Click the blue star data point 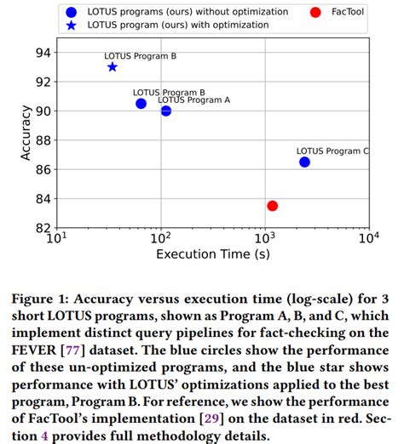(113, 67)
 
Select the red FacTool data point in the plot (272, 206)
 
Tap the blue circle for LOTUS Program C (304, 162)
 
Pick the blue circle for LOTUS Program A (165, 111)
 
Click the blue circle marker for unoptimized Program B (141, 103)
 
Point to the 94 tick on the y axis (41, 53)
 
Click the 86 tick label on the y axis (41, 169)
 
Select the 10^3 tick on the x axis (264, 238)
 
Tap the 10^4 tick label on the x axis (368, 238)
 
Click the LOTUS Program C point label (332, 151)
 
